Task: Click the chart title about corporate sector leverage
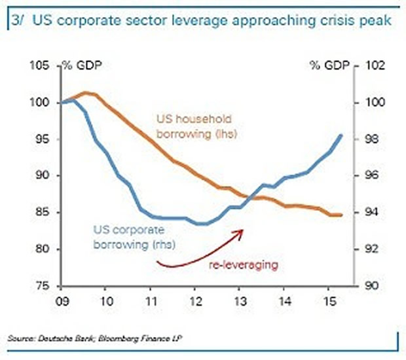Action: (x=203, y=21)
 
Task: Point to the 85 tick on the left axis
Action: (x=41, y=213)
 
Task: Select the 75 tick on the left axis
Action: (x=41, y=285)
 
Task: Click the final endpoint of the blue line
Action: (x=341, y=135)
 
